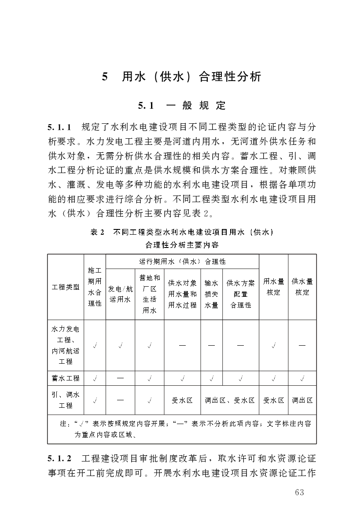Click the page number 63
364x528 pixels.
tap(299, 492)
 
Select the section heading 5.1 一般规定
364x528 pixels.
tap(182, 106)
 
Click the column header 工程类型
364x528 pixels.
tap(66, 287)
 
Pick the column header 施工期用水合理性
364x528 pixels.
tap(95, 287)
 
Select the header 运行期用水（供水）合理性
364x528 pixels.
tap(182, 262)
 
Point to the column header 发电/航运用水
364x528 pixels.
tap(120, 294)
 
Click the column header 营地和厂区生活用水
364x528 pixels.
tap(150, 294)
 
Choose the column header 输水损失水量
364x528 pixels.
tap(211, 294)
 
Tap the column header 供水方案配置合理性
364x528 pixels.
tap(240, 294)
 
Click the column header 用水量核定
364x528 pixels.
tap(273, 287)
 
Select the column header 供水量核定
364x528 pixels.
tap(302, 287)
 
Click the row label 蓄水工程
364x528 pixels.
tap(66, 378)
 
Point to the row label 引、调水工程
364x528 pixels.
tap(66, 400)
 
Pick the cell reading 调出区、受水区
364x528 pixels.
tap(230, 400)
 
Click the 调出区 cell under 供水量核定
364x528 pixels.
tap(302, 400)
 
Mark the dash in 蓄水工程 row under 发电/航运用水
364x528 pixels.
tap(120, 378)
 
